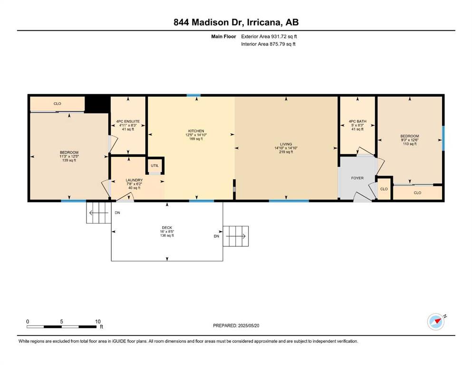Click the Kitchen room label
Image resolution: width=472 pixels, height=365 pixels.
tap(196, 131)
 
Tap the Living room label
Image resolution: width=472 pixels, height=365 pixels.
tap(286, 144)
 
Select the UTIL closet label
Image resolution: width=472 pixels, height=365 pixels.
tap(155, 165)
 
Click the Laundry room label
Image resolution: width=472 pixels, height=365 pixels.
tap(134, 180)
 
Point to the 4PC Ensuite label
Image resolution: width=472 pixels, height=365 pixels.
tap(128, 121)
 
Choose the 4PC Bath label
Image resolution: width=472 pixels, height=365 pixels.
tap(357, 121)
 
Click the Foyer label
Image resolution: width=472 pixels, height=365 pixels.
tap(357, 178)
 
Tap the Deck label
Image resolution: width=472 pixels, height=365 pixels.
tap(167, 228)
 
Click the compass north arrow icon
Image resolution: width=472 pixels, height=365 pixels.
tap(436, 321)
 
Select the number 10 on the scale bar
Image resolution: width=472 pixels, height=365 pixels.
tap(98, 321)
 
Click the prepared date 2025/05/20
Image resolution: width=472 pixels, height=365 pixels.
tap(248, 326)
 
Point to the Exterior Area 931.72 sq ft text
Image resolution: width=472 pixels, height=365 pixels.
tap(269, 37)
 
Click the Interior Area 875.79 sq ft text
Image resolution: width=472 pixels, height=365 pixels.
tap(268, 44)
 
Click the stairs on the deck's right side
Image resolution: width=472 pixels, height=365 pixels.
tap(236, 236)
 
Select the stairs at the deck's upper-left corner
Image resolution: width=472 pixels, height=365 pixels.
tap(99, 213)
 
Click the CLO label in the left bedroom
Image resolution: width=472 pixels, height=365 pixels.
tap(57, 104)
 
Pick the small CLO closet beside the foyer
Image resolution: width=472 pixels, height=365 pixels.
tap(384, 189)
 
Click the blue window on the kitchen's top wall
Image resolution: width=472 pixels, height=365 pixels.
tap(193, 96)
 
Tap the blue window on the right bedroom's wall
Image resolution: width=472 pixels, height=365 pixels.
tap(443, 138)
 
